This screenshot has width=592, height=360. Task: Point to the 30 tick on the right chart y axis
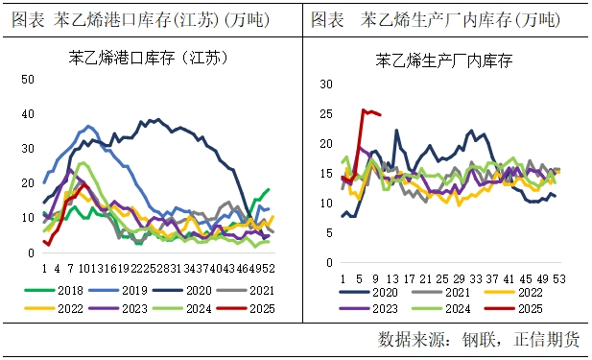325,84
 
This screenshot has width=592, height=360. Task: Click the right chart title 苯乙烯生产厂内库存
443,60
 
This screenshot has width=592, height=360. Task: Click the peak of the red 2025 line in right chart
365,110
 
